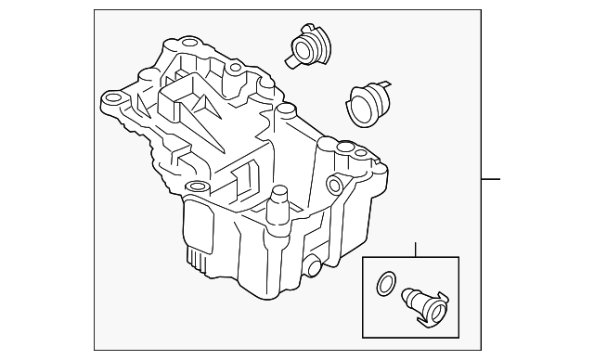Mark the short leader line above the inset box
click(x=415, y=249)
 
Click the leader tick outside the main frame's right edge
click(x=492, y=179)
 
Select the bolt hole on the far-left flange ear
click(x=115, y=96)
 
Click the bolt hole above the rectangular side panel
click(x=194, y=188)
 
